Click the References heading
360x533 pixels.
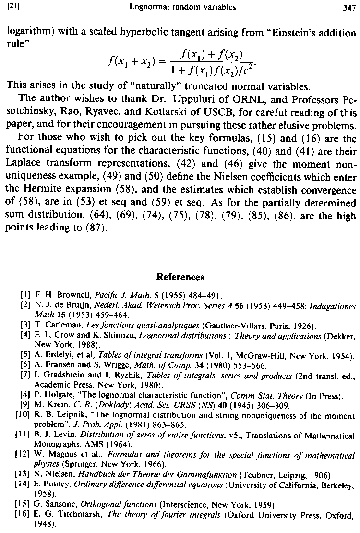pyautogui.click(x=180, y=277)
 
